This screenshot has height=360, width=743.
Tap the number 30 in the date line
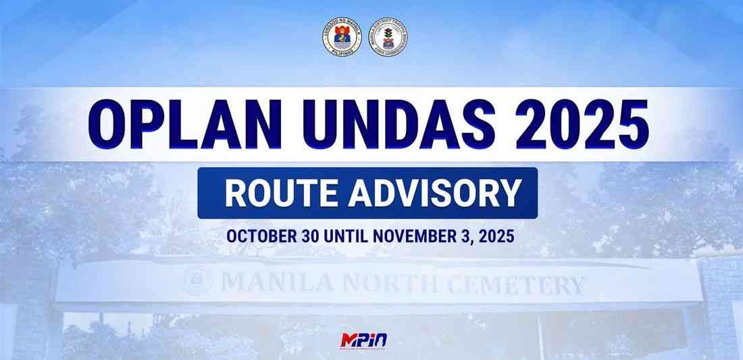pyautogui.click(x=309, y=237)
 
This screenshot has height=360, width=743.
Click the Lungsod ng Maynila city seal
pyautogui.click(x=342, y=38)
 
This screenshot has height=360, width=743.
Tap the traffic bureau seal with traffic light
pyautogui.click(x=389, y=38)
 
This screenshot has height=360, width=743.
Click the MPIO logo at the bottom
pyautogui.click(x=365, y=340)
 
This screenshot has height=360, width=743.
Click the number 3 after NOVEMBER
pyautogui.click(x=463, y=237)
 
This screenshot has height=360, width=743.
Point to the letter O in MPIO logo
pyautogui.click(x=382, y=339)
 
